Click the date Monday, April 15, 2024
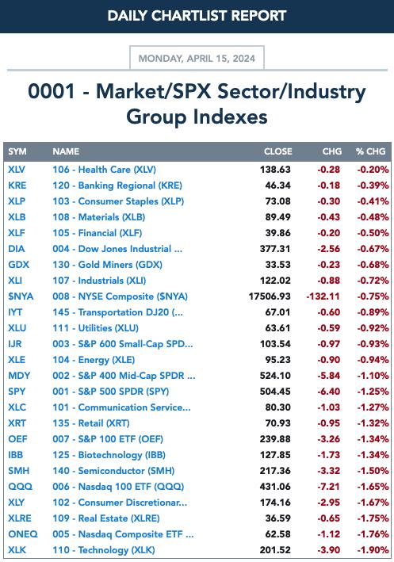click(x=197, y=59)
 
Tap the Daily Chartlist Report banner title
click(x=197, y=16)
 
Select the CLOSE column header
click(x=277, y=151)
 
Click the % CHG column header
click(x=371, y=151)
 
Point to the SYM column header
click(x=17, y=151)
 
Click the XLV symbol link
click(x=17, y=170)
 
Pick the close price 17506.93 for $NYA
click(x=270, y=296)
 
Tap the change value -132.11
click(x=323, y=296)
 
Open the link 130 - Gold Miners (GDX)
click(x=107, y=265)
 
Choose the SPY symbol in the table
click(x=17, y=392)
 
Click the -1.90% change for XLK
click(x=373, y=550)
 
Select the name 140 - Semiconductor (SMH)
click(x=113, y=471)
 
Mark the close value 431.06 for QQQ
click(x=275, y=487)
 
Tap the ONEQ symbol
click(x=22, y=534)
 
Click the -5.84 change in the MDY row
click(x=329, y=376)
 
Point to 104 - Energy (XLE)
click(x=94, y=360)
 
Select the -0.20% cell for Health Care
click(x=373, y=170)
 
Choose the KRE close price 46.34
click(x=277, y=185)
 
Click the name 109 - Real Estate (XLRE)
click(x=106, y=518)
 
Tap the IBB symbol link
click(x=15, y=455)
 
